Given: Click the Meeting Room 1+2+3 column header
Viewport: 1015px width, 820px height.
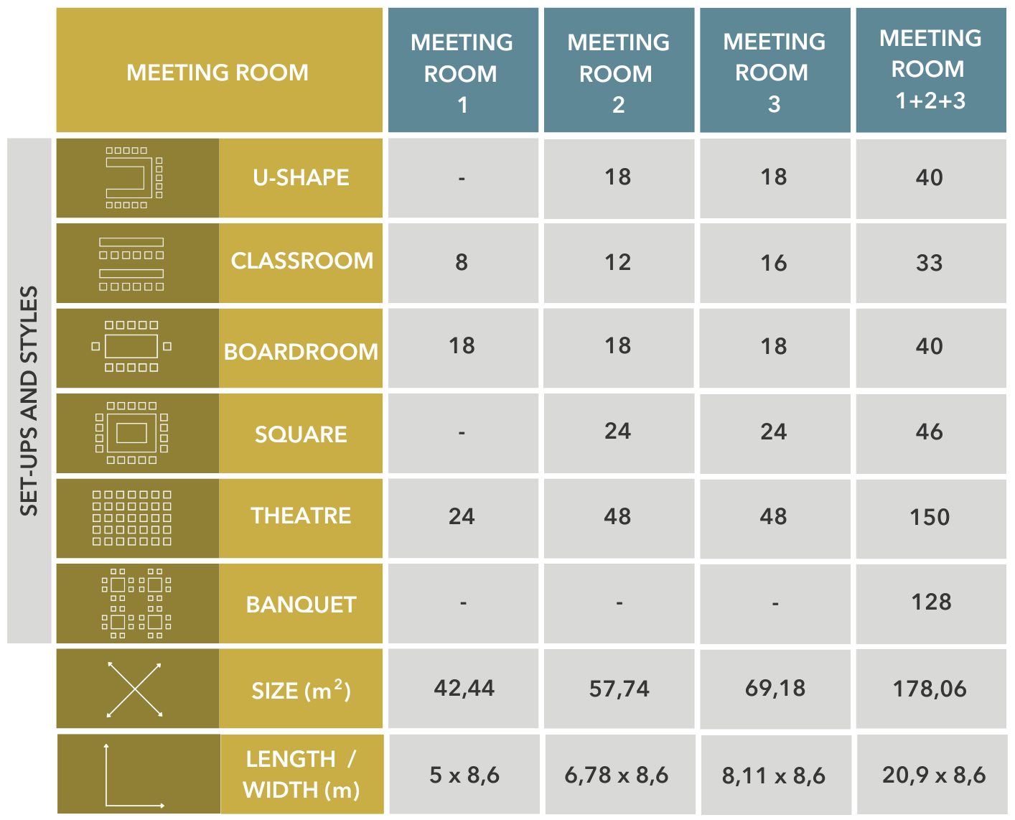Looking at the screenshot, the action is pos(930,69).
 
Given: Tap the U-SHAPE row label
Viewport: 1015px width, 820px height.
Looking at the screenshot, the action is pos(301,177).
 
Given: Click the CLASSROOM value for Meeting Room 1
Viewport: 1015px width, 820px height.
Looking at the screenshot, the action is pos(462,262).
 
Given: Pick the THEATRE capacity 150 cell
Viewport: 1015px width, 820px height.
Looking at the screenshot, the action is pos(930,517).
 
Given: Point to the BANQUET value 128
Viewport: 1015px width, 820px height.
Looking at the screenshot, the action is pos(931,602).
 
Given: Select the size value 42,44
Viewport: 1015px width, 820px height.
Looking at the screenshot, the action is pos(464,689).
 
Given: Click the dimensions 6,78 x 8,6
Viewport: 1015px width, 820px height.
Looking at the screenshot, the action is pos(616,775).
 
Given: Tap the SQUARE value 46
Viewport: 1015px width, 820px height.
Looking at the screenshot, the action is pos(930,432).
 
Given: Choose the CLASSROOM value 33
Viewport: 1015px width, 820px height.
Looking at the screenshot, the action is pos(930,264).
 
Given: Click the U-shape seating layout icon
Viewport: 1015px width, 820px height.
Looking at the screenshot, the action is pos(134,177).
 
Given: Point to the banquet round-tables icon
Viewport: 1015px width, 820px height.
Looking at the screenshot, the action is pos(136,603).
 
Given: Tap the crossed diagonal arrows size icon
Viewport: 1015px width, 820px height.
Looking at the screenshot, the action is pos(135,689).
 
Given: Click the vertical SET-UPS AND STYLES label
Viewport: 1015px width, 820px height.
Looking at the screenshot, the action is pos(29,401).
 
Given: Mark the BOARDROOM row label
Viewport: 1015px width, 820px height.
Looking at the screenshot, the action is pos(301,352).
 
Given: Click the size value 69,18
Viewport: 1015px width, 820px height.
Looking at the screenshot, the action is pos(775,689).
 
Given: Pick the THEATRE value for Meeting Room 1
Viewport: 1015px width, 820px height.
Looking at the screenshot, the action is pos(462,517).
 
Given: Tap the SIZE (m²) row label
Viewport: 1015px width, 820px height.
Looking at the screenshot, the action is pos(301,690).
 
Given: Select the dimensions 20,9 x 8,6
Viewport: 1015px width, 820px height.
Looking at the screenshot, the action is pos(933,775).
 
